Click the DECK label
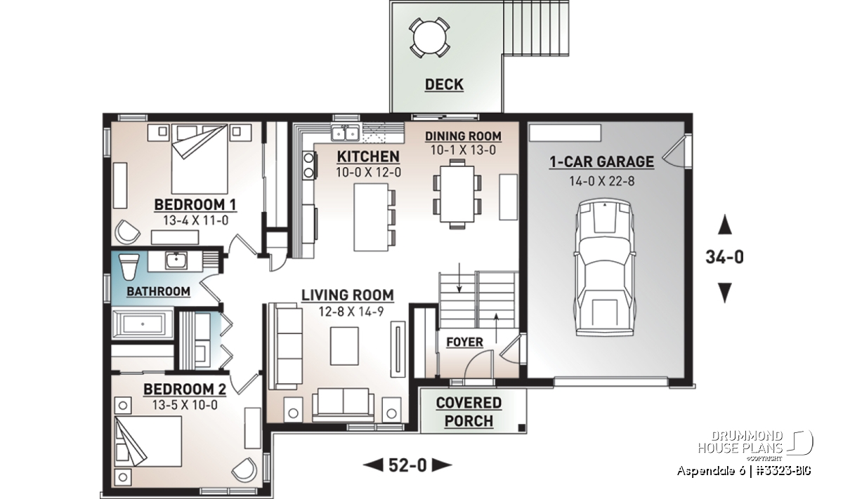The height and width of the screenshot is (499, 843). (x=444, y=85)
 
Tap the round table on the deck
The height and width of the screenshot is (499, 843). (x=429, y=37)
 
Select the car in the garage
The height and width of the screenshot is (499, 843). (x=605, y=267)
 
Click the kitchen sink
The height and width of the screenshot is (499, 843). (x=345, y=133)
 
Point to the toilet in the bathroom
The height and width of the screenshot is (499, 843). (x=129, y=266)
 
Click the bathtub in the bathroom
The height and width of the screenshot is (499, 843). (x=142, y=324)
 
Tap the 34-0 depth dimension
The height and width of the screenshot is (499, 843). (x=724, y=257)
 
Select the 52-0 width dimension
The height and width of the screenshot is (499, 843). (x=407, y=465)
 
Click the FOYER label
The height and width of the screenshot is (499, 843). (x=465, y=342)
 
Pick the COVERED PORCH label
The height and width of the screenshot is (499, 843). (x=469, y=412)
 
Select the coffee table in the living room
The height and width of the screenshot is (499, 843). (x=344, y=346)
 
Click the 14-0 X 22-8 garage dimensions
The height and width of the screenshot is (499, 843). (x=602, y=181)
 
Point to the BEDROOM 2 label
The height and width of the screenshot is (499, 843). (x=185, y=390)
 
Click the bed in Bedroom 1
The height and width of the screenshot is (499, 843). (x=200, y=159)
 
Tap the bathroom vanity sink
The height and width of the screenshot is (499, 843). (x=176, y=260)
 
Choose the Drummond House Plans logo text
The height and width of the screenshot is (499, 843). (x=740, y=442)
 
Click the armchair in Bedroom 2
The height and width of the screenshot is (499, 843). (x=244, y=470)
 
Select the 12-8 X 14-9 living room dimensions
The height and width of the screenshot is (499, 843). (x=351, y=312)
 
